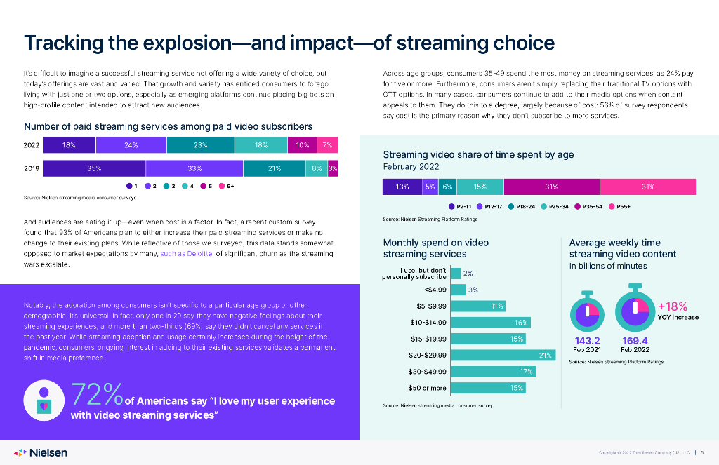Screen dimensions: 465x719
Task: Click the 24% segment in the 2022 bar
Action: point(131,145)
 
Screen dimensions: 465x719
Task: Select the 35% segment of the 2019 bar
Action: point(94,168)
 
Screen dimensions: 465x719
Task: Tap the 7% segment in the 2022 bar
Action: point(327,145)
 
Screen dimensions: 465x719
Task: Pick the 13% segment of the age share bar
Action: point(402,187)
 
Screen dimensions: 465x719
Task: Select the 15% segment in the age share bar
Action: point(480,187)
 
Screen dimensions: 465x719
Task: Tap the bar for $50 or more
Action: point(484,387)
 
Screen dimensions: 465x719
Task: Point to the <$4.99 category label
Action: point(433,290)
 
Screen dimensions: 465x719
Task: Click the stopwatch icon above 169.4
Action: point(635,307)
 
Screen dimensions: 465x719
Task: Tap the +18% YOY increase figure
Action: point(672,306)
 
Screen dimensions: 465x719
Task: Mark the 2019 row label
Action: point(32,168)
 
